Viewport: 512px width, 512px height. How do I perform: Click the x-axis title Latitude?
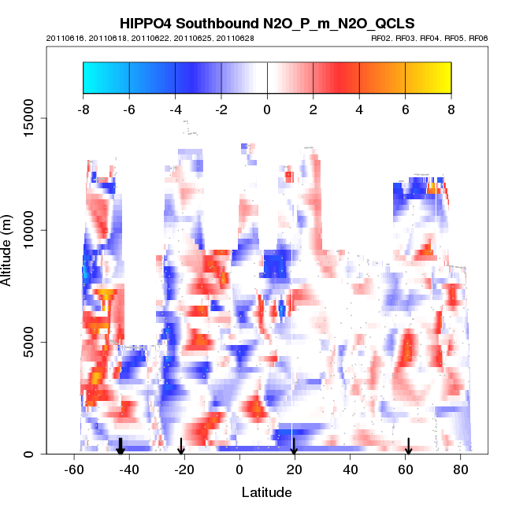pos(266,492)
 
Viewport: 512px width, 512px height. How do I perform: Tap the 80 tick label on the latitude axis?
pos(461,471)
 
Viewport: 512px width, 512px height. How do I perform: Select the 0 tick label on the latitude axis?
pos(239,471)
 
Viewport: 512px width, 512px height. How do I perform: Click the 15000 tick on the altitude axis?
pos(46,118)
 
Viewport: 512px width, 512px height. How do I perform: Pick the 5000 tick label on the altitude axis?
pos(28,342)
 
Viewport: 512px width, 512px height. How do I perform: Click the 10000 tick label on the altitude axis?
pos(28,230)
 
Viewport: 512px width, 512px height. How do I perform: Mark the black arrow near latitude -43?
pos(121,447)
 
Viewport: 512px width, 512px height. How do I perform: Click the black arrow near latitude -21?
pos(181,447)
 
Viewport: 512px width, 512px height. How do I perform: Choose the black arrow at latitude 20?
pos(294,447)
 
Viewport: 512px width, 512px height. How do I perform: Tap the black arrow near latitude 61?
pos(409,447)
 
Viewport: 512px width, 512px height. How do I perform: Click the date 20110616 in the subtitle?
pos(62,39)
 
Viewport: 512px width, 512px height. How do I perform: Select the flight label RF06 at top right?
pos(478,39)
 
